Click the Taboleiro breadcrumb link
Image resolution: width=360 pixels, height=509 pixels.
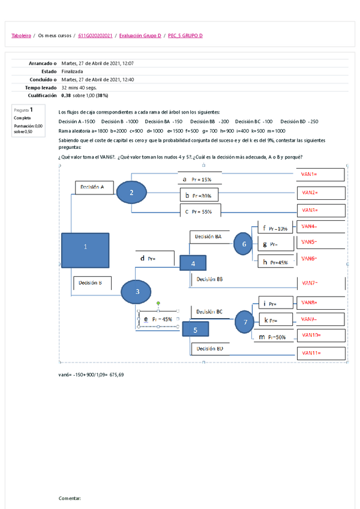point(21,36)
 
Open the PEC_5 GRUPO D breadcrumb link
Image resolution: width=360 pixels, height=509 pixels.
point(185,36)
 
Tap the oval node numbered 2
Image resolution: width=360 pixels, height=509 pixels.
point(131,192)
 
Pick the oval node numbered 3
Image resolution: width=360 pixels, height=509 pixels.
point(137,292)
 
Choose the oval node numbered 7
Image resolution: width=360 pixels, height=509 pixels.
point(245,322)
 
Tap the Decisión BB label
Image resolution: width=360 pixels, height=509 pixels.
point(209,279)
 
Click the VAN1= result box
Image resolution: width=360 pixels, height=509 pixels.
point(322,174)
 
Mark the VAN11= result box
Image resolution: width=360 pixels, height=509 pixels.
point(322,353)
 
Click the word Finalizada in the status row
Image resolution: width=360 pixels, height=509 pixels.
point(73,71)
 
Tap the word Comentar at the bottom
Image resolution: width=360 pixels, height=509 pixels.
point(69,498)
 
